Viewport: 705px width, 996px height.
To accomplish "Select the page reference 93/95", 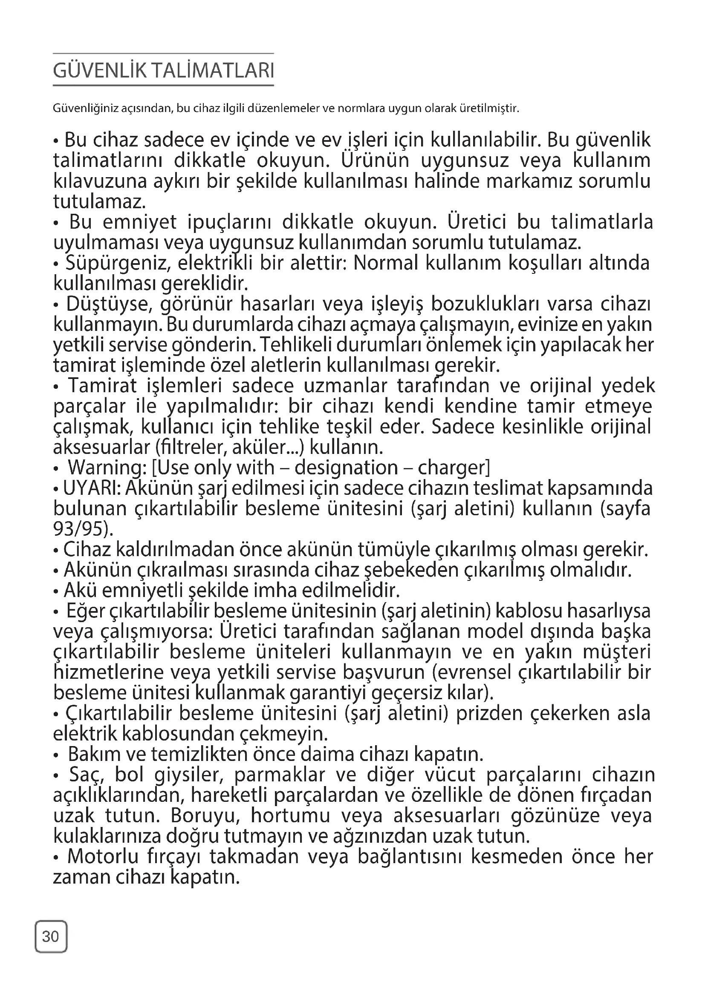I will point(80,529).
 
